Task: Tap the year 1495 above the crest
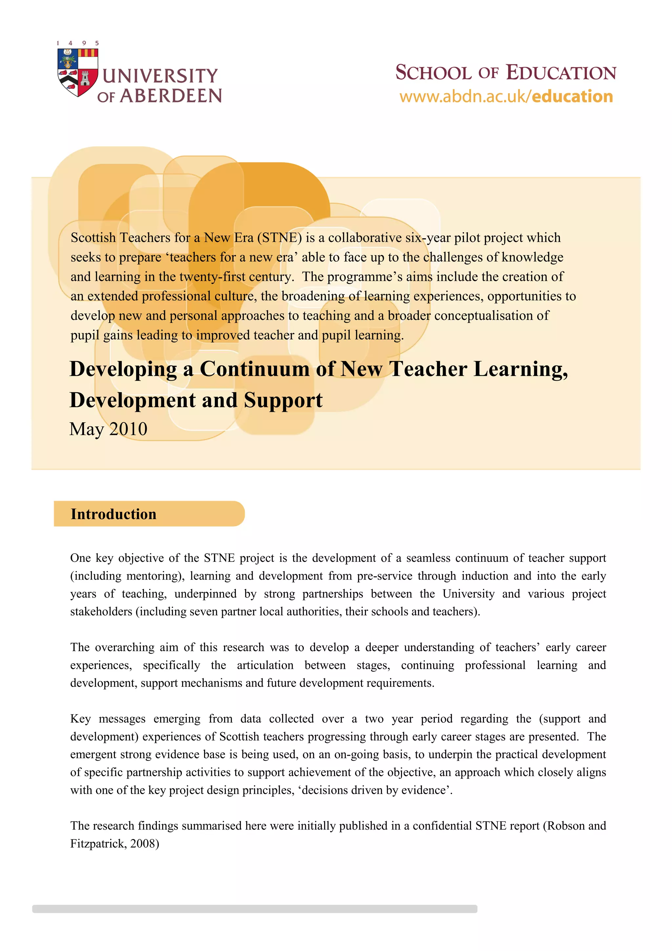point(78,43)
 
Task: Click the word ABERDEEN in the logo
point(171,96)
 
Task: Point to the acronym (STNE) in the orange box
point(280,238)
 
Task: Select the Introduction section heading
point(114,514)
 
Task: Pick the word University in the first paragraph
point(468,594)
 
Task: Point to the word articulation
point(265,665)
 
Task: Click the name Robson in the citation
point(566,826)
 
